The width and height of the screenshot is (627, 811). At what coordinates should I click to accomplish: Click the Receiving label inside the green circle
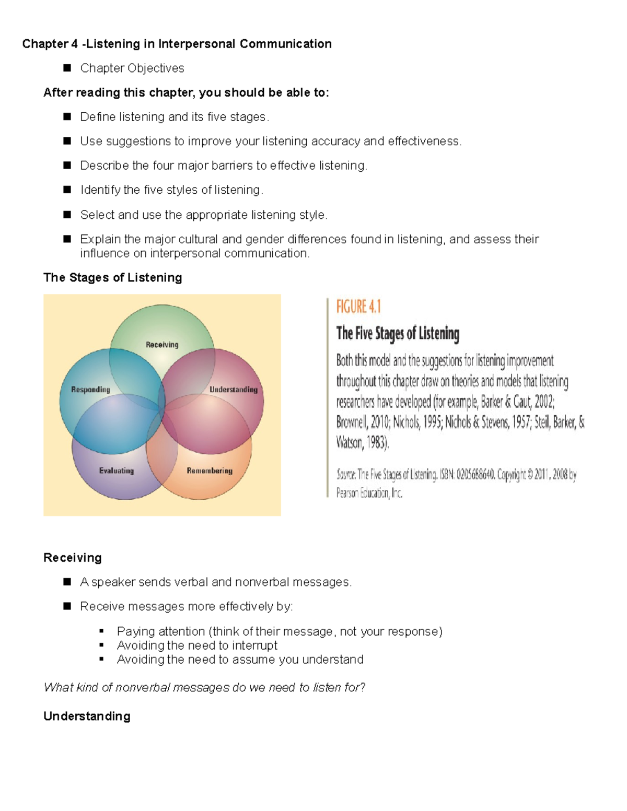pyautogui.click(x=162, y=345)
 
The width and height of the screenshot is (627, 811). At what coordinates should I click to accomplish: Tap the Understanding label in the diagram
pyautogui.click(x=234, y=390)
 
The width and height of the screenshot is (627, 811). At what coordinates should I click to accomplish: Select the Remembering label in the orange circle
pyautogui.click(x=210, y=471)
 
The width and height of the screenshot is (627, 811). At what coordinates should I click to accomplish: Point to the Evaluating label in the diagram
pyautogui.click(x=117, y=471)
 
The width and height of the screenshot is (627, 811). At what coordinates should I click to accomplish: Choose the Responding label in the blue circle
pyautogui.click(x=91, y=390)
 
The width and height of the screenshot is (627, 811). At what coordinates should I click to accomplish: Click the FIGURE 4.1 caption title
pyautogui.click(x=358, y=307)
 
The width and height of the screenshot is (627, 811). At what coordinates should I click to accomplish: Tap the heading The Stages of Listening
pyautogui.click(x=113, y=277)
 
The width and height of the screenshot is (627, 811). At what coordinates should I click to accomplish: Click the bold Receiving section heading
pyautogui.click(x=73, y=558)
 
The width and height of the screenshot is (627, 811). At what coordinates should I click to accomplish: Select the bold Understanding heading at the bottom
pyautogui.click(x=87, y=716)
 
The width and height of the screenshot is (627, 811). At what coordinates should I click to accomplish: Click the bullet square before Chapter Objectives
pyautogui.click(x=67, y=68)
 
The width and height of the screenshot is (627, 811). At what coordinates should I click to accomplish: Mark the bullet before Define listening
pyautogui.click(x=67, y=116)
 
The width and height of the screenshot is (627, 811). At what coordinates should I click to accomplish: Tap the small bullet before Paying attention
pyautogui.click(x=101, y=631)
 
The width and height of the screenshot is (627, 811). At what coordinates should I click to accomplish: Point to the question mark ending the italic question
pyautogui.click(x=363, y=687)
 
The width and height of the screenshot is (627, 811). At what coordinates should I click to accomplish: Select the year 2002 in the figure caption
pyautogui.click(x=543, y=402)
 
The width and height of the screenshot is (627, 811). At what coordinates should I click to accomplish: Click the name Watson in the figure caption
pyautogui.click(x=349, y=443)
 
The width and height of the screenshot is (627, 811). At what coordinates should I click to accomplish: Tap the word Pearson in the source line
pyautogui.click(x=347, y=493)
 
